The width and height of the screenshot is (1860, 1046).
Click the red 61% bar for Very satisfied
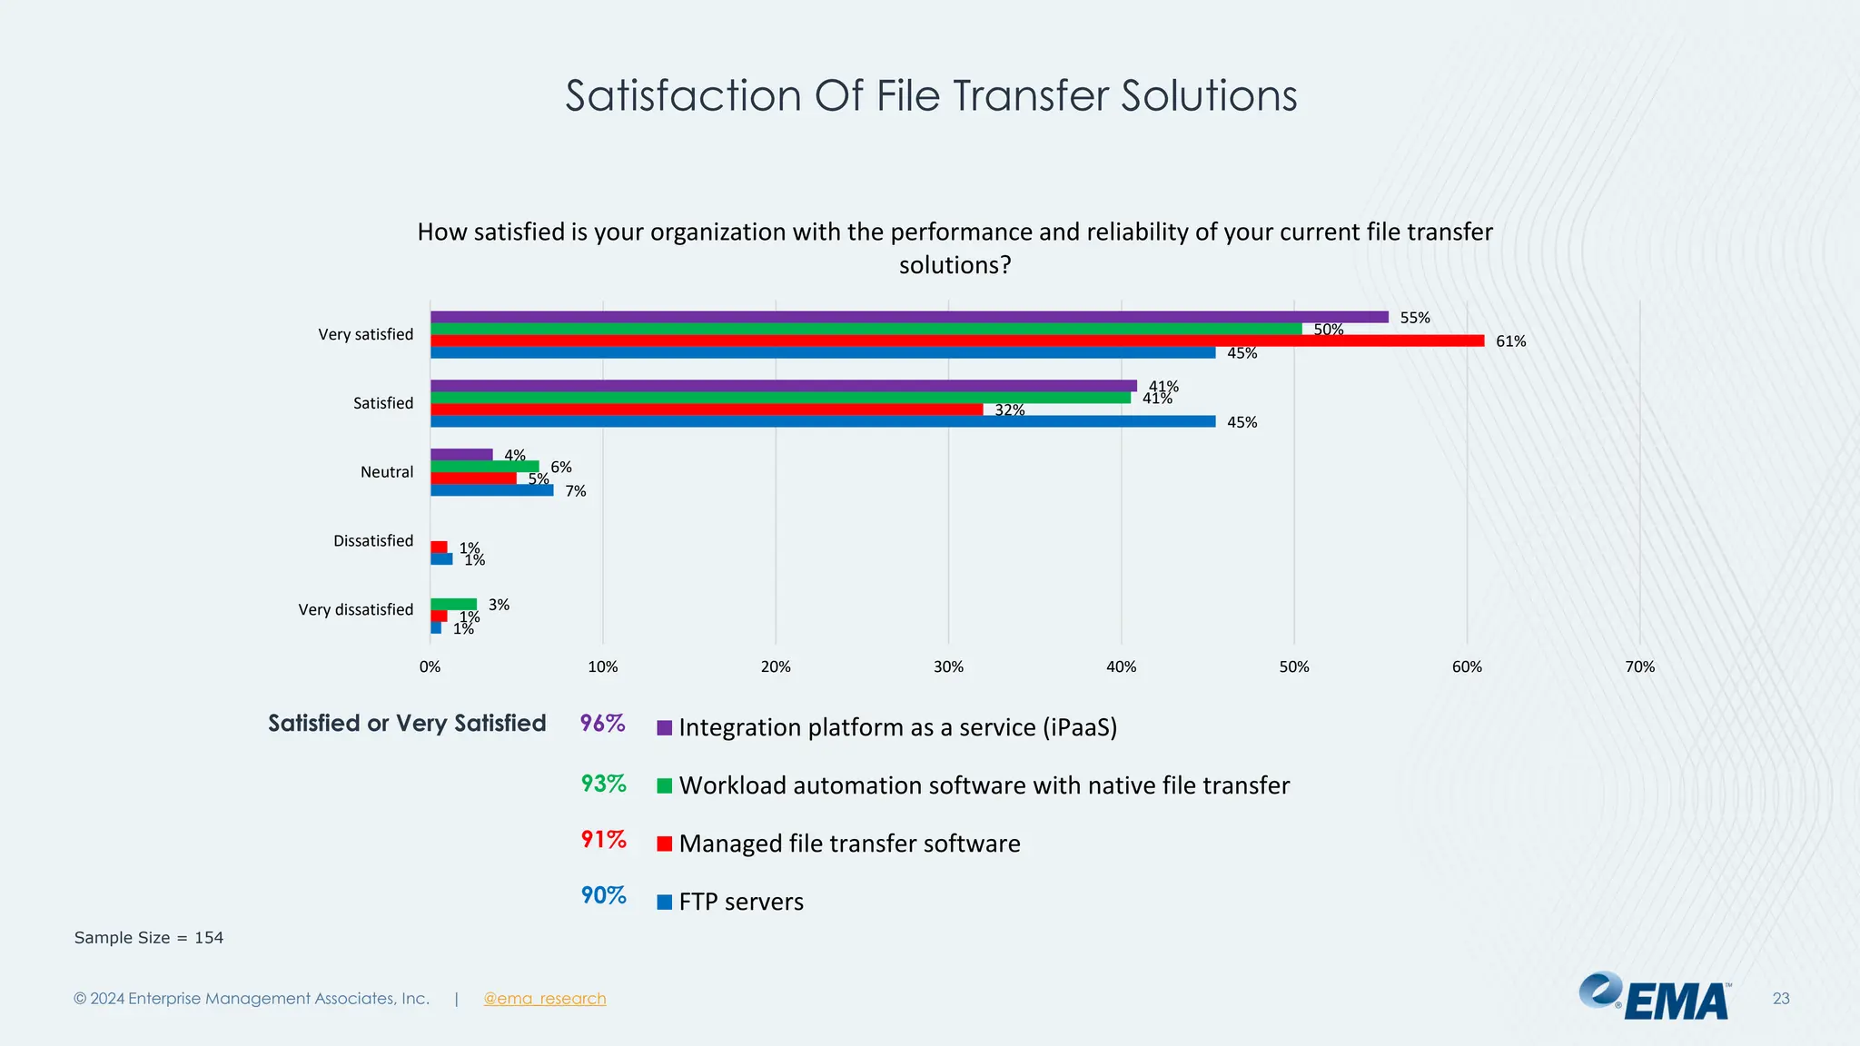pyautogui.click(x=957, y=341)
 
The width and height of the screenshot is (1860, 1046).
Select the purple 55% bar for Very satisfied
pyautogui.click(x=909, y=317)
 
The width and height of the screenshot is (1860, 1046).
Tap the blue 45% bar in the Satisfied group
pyautogui.click(x=823, y=421)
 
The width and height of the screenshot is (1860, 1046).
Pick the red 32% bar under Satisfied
pyautogui.click(x=707, y=410)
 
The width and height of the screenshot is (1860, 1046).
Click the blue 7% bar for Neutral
pyautogui.click(x=491, y=490)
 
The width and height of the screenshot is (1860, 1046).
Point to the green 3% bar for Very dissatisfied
pyautogui.click(x=453, y=605)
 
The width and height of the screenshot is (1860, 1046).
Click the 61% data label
pyautogui.click(x=1510, y=341)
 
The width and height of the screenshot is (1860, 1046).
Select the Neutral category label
pyautogui.click(x=386, y=472)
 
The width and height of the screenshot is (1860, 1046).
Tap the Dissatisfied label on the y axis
pyautogui.click(x=372, y=541)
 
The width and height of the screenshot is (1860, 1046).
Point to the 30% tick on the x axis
pyautogui.click(x=948, y=667)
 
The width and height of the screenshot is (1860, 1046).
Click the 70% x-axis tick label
pyautogui.click(x=1639, y=667)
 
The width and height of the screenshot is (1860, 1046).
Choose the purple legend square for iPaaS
pyautogui.click(x=665, y=727)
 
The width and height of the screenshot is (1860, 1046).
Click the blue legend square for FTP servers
pyautogui.click(x=665, y=902)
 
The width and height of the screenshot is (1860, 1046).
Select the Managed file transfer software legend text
pyautogui.click(x=849, y=844)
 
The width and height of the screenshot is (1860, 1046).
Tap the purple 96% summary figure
pyautogui.click(x=603, y=724)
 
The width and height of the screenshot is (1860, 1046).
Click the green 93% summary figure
pyautogui.click(x=603, y=783)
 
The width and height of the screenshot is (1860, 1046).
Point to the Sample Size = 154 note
pyautogui.click(x=149, y=938)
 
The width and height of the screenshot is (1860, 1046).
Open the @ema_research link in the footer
pyautogui.click(x=544, y=999)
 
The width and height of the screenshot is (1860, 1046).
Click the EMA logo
pyautogui.click(x=1655, y=997)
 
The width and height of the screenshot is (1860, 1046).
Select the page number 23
pyautogui.click(x=1780, y=999)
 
